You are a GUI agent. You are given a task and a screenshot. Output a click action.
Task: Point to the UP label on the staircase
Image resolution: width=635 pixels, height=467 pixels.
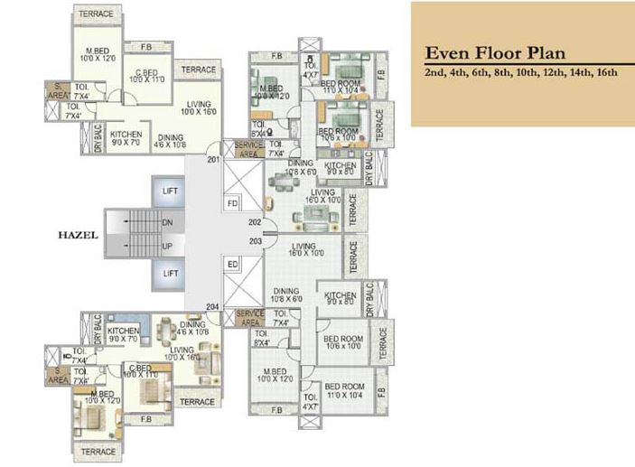(x=168, y=245)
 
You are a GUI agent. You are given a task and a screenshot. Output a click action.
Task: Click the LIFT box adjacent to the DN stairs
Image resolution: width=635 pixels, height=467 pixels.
(x=170, y=192)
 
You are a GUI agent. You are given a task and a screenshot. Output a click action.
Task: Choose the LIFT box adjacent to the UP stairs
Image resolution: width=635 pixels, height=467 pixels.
(x=170, y=273)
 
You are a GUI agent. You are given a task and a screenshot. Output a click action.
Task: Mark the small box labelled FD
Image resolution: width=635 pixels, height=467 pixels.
(x=232, y=202)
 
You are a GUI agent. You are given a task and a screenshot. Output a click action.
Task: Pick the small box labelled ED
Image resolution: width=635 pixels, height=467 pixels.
(x=232, y=265)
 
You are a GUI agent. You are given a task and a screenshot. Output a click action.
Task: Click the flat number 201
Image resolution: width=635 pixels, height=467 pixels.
(x=213, y=161)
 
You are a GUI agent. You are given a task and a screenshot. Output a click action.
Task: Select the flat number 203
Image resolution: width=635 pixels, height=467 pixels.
(x=255, y=242)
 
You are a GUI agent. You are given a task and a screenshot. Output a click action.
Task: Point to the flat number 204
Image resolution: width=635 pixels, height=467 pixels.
(x=213, y=306)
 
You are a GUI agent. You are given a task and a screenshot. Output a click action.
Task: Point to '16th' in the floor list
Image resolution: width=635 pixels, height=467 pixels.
(x=605, y=73)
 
